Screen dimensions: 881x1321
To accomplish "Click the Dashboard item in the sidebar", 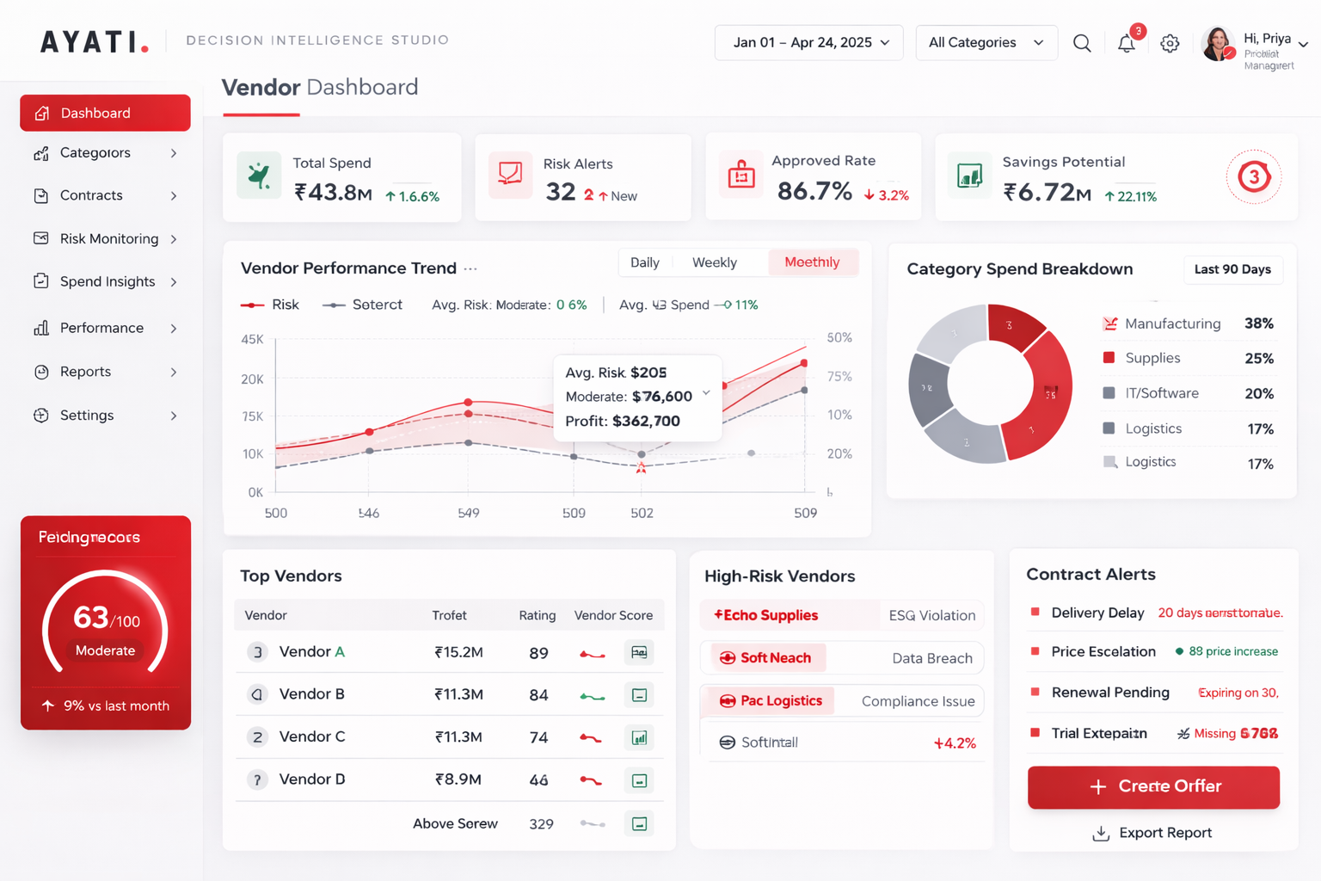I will (105, 113).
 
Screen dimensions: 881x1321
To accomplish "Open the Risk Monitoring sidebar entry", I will (108, 238).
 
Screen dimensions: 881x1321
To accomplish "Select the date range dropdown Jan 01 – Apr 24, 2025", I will (809, 42).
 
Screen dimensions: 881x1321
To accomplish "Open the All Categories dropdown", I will (986, 42).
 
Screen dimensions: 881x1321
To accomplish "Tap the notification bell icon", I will (1127, 43).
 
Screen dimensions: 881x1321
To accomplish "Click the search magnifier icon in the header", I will (1082, 43).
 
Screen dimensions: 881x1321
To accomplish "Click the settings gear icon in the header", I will (1170, 43).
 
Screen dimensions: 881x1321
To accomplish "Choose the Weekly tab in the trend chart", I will (714, 262).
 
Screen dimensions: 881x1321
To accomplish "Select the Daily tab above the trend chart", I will (644, 262).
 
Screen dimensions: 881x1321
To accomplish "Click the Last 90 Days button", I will (1232, 269).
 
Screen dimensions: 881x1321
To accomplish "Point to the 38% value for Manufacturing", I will (1258, 323).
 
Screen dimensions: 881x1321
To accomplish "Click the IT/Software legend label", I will (1161, 393).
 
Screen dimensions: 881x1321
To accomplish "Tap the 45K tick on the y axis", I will (252, 339).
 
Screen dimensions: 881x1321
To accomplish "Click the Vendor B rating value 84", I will (538, 694).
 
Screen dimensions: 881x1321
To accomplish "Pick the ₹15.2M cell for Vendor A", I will (458, 652).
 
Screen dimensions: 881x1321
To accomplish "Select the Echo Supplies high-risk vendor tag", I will (766, 615).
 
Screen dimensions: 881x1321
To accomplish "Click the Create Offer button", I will (1153, 786).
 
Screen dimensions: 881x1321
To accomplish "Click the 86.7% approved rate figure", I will (814, 191).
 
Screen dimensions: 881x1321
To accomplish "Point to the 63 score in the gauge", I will (90, 617).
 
